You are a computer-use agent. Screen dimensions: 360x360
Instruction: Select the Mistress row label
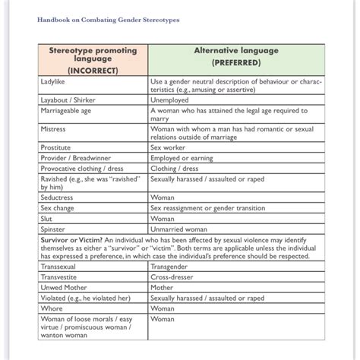(55, 129)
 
